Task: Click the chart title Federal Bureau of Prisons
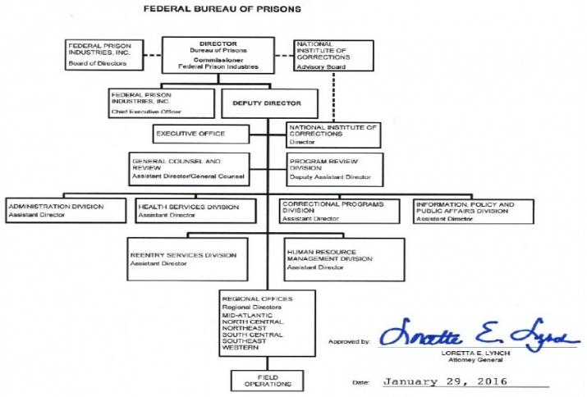(x=222, y=9)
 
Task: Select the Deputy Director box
(x=269, y=103)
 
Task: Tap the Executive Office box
(x=201, y=134)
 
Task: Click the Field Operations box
(x=268, y=381)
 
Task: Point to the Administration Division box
(x=66, y=211)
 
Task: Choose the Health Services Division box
(x=195, y=211)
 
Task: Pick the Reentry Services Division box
(x=187, y=259)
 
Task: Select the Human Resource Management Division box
(x=345, y=260)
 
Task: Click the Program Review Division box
(x=335, y=170)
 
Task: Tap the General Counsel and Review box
(x=189, y=169)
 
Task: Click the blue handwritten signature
(x=479, y=335)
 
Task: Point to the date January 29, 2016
(x=446, y=381)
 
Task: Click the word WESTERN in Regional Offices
(x=241, y=348)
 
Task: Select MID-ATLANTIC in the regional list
(x=247, y=316)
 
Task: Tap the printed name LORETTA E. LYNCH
(x=475, y=354)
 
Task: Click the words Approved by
(x=349, y=341)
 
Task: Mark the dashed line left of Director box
(x=153, y=56)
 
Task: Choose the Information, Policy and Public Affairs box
(x=474, y=212)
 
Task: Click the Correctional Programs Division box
(x=340, y=211)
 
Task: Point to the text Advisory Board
(x=321, y=67)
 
